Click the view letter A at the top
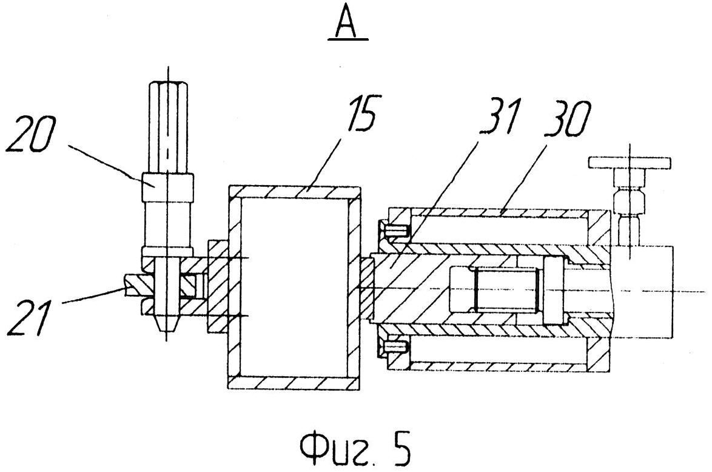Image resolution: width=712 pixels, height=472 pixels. tap(348, 21)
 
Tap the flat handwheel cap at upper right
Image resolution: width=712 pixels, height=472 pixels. tap(630, 163)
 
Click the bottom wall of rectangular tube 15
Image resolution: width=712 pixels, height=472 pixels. tap(295, 382)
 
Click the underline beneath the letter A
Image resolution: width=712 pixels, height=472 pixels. tap(348, 39)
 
